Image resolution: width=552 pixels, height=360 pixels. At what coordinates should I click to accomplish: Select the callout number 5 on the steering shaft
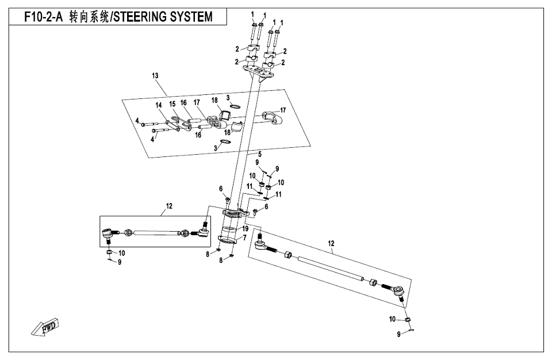259,155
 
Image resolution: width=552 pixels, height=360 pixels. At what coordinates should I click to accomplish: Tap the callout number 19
246,228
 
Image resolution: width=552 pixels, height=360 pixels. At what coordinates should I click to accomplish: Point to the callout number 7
245,237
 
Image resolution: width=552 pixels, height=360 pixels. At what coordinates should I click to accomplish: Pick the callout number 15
172,104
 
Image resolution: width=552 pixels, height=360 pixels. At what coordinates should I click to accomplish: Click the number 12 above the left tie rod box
169,205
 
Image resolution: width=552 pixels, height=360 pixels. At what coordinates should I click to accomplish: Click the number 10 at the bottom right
393,319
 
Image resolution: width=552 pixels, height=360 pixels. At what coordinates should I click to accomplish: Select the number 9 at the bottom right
398,335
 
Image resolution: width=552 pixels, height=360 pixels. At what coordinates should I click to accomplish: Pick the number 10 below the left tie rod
122,252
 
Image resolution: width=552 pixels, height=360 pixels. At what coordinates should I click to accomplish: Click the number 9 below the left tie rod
120,262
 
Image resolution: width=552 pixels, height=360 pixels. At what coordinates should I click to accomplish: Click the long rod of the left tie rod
155,233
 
